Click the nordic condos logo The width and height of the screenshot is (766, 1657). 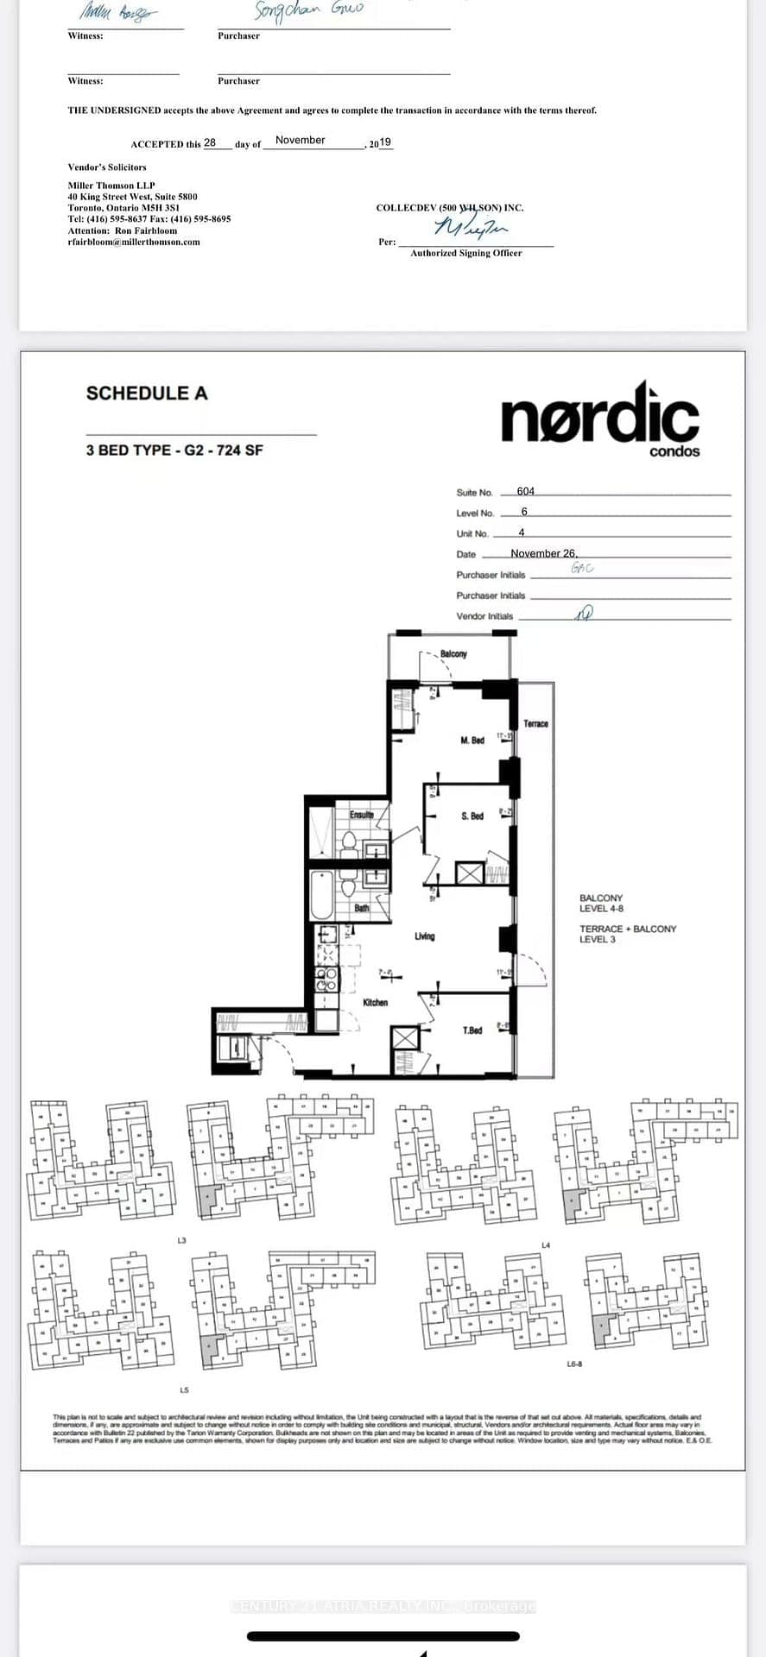[x=600, y=419]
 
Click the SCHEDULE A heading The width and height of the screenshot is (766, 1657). [x=147, y=394]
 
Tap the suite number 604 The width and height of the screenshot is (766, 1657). [x=525, y=491]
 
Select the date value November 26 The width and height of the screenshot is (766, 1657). [x=543, y=553]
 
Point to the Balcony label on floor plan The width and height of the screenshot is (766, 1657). [x=453, y=654]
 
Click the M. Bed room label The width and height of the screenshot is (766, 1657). [x=472, y=740]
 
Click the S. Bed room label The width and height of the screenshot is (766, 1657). [x=472, y=816]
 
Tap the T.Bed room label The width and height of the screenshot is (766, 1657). [x=472, y=1030]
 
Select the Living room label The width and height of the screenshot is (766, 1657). [x=424, y=936]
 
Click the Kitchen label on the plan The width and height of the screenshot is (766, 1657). [x=375, y=1003]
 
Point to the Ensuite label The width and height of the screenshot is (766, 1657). [x=361, y=815]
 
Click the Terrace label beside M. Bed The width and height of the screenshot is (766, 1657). [x=535, y=723]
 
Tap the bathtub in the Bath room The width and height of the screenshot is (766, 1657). [x=320, y=895]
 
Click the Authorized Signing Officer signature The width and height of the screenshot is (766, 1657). [x=472, y=228]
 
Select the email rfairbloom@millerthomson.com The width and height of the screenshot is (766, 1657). [x=134, y=243]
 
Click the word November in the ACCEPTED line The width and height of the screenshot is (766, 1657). [x=300, y=140]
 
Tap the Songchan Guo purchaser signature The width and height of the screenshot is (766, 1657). [x=308, y=11]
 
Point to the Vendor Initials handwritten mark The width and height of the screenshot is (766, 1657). [x=586, y=612]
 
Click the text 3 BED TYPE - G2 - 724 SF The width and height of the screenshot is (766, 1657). [x=174, y=450]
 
